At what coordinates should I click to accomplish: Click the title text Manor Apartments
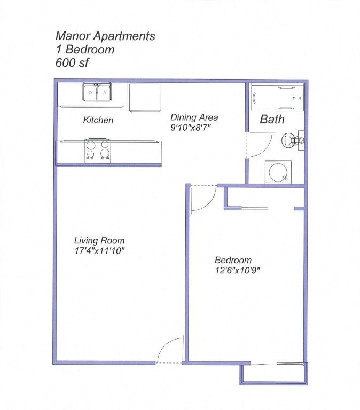pos(105,36)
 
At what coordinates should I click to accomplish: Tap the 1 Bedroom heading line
pos(85,50)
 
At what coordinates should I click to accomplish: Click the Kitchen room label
pos(98,120)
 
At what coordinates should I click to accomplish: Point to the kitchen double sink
pos(97,92)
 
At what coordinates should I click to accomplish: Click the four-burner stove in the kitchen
pos(97,150)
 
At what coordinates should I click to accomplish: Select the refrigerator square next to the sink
pos(145,97)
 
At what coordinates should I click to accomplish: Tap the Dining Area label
pos(194,117)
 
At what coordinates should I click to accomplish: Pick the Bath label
pos(272,120)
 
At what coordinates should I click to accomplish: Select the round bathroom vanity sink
pos(277,172)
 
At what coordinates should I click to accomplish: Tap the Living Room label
pos(99,240)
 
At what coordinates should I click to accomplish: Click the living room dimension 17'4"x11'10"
pos(99,250)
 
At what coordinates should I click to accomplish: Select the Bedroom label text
pos(233,260)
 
